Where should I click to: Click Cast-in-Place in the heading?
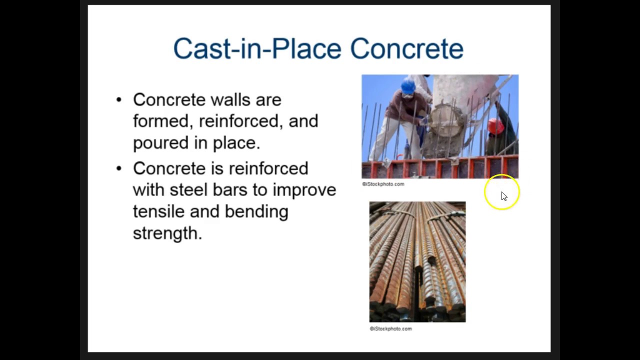(257, 48)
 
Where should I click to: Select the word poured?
(160, 143)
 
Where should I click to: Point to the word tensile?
(158, 211)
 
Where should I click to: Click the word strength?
(167, 233)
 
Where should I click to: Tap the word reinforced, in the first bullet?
(241, 121)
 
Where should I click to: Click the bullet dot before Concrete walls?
(118, 99)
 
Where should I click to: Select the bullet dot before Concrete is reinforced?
(118, 168)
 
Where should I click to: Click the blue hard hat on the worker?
(408, 86)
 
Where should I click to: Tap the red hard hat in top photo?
(495, 125)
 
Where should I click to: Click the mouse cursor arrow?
(503, 196)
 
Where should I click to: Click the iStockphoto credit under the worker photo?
(383, 184)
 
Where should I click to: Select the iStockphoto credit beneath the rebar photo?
(390, 328)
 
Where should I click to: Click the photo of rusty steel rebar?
(417, 261)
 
